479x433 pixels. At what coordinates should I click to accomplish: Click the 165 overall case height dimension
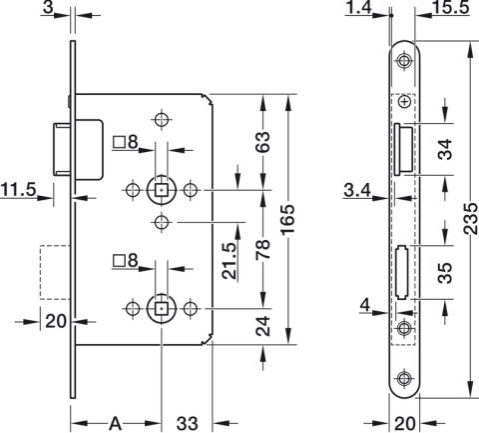tap(288, 220)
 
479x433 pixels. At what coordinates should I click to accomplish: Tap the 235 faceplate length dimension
tap(470, 218)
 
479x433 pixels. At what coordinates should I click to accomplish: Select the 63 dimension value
tap(262, 142)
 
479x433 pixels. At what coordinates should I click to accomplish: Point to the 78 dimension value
tap(262, 249)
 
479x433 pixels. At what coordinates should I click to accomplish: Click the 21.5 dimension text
tap(230, 260)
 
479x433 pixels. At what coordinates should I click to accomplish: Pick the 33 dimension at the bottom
tap(188, 423)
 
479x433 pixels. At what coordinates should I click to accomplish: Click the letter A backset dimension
tap(115, 423)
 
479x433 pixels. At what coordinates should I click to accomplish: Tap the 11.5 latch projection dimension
tap(19, 190)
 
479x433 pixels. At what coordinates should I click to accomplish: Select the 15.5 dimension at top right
tap(452, 7)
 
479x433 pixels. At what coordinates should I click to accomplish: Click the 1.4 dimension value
tap(358, 7)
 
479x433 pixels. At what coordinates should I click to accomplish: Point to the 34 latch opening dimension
tap(445, 149)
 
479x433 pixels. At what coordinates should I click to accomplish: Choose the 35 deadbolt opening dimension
tap(445, 273)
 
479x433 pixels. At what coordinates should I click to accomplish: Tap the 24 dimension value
tap(262, 326)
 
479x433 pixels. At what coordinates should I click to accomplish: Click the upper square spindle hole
tap(162, 190)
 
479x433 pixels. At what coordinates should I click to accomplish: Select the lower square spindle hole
tap(162, 309)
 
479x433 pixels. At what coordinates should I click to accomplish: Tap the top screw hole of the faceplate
tap(404, 61)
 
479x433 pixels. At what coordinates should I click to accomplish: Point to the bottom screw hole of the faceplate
tap(404, 378)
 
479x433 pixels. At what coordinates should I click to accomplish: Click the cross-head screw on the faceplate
tap(404, 102)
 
